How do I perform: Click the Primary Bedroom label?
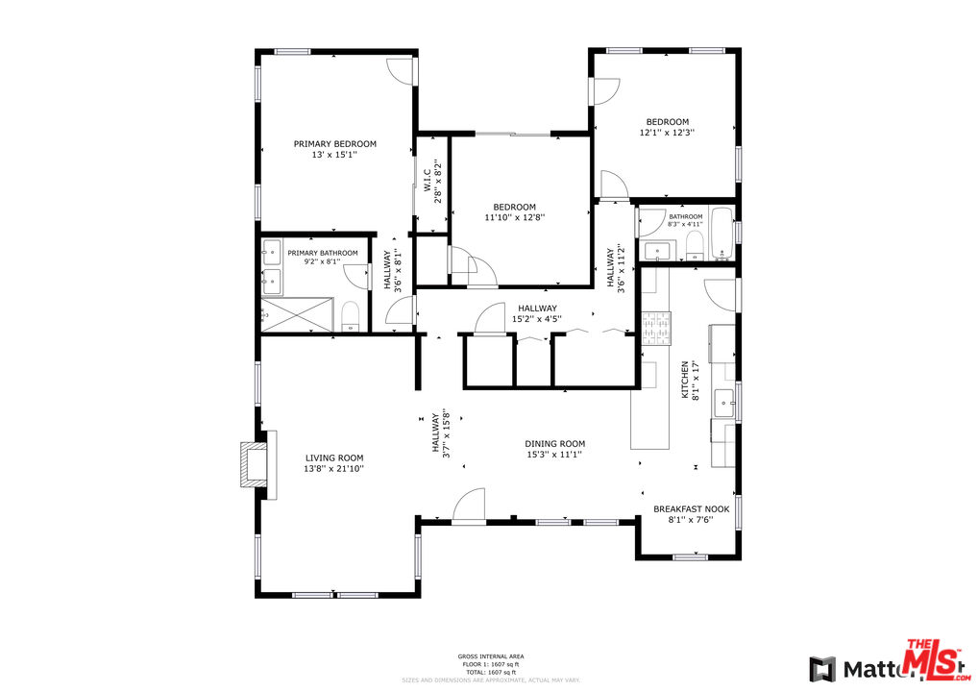[x=334, y=143]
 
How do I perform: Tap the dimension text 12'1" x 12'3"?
[x=667, y=133]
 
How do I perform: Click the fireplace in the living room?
[x=257, y=464]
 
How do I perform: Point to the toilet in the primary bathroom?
[x=351, y=316]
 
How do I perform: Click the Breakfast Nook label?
[x=691, y=509]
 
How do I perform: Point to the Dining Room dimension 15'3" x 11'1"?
[x=554, y=455]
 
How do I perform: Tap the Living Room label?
[x=334, y=457]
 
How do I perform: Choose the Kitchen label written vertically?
[x=685, y=380]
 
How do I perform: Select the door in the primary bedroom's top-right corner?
[x=401, y=72]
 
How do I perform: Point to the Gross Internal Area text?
[x=490, y=656]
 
